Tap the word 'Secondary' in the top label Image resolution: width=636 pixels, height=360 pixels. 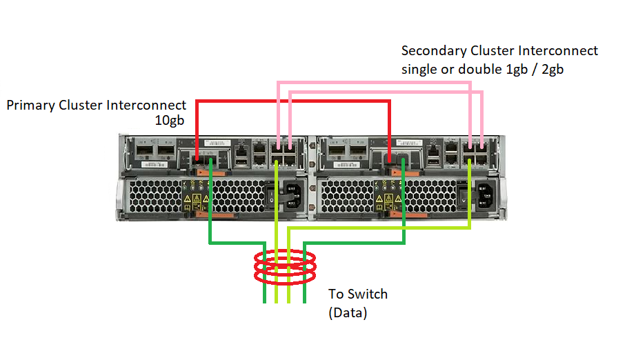point(433,51)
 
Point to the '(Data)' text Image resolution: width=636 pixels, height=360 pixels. point(347,312)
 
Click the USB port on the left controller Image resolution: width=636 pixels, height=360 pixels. point(242,161)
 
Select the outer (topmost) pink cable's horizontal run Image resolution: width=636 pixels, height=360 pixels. point(372,83)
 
